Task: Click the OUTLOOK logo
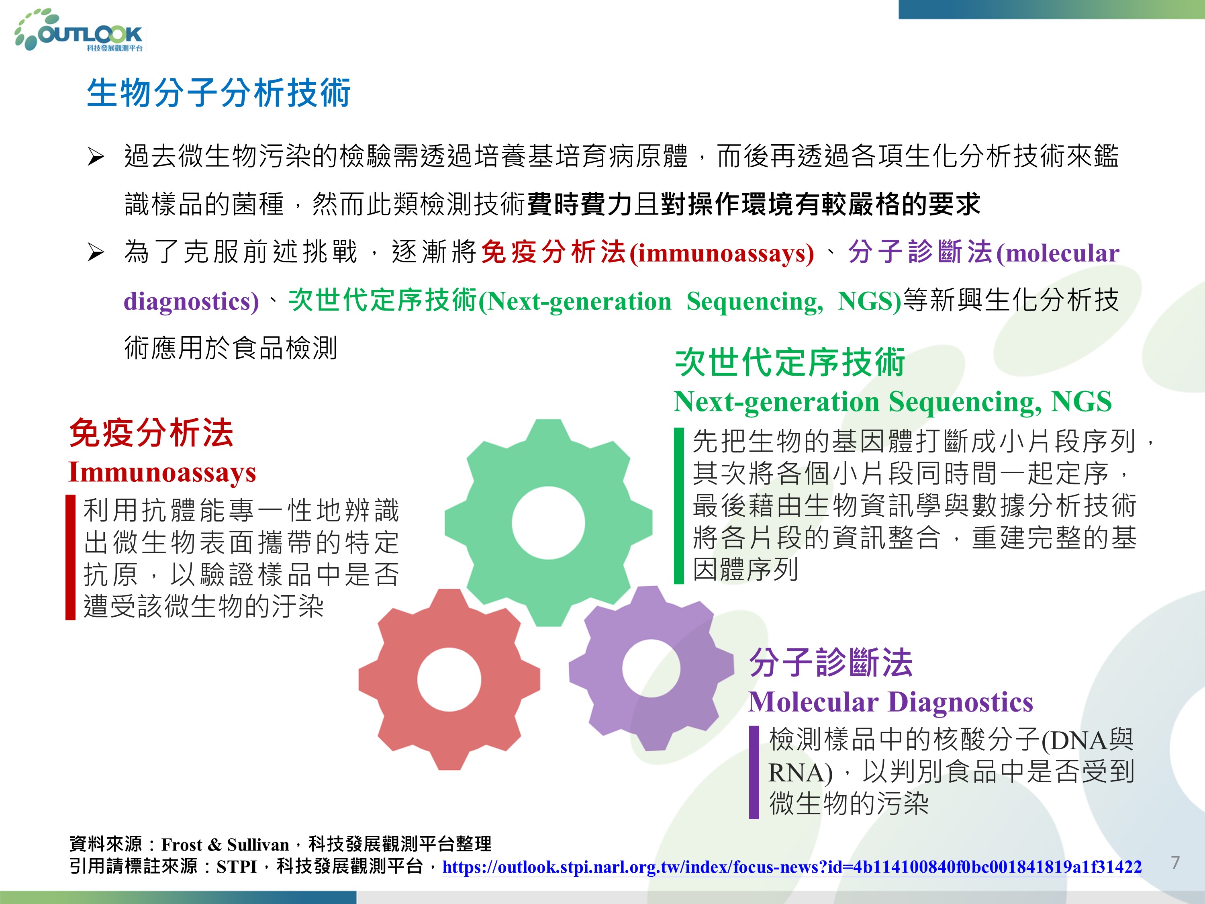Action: coord(79,31)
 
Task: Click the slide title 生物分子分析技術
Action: coord(219,93)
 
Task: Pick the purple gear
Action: coord(652,668)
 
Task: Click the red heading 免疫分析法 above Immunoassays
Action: coord(151,433)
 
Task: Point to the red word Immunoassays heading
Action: coord(162,472)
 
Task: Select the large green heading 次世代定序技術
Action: coord(790,362)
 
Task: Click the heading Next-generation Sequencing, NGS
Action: coord(893,402)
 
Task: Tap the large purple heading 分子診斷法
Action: coord(831,663)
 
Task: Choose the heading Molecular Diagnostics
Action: coord(890,702)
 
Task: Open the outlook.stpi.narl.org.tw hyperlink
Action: coord(792,867)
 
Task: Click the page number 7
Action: coord(1176,863)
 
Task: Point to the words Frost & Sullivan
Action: coord(225,845)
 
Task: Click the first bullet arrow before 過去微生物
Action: coord(96,157)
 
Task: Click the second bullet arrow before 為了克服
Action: coord(96,253)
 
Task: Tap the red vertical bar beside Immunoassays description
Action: coord(70,557)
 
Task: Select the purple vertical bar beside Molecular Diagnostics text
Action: coord(754,772)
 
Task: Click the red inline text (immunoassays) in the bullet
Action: coord(722,254)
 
